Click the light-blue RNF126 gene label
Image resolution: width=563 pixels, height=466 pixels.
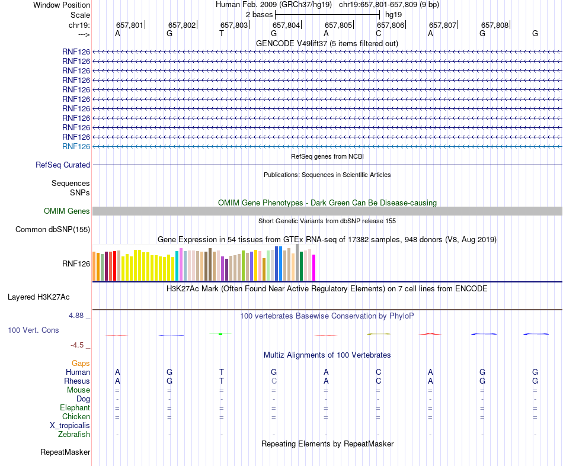76,146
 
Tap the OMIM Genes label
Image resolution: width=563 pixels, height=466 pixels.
67,211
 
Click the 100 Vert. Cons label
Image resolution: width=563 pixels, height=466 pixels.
33,330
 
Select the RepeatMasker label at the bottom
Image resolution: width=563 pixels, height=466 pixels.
65,452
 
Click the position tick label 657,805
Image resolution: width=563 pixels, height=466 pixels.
338,25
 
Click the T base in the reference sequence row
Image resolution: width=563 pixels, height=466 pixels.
222,34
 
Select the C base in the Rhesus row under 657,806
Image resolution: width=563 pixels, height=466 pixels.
378,381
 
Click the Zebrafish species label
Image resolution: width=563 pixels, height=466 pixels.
74,435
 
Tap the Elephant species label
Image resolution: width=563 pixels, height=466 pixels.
75,408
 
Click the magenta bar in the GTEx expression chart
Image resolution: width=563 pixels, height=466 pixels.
314,268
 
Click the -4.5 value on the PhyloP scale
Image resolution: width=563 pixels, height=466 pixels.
79,345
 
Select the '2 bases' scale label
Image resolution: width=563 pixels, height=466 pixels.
259,14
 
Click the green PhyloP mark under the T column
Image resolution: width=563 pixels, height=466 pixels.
220,334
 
